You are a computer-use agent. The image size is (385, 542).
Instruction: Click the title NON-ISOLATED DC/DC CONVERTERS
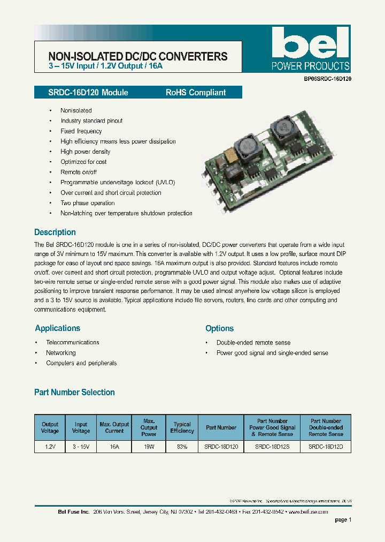[138, 56]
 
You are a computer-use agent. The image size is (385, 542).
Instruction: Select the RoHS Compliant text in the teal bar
[196, 93]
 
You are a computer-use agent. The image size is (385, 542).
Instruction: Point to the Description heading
[55, 232]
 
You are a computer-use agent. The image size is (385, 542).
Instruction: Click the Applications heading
[58, 328]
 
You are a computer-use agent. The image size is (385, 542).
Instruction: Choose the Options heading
[220, 328]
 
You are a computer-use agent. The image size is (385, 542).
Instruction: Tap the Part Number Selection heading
[74, 393]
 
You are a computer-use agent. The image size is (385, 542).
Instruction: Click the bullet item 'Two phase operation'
[88, 203]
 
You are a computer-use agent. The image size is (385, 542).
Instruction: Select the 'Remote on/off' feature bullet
[79, 172]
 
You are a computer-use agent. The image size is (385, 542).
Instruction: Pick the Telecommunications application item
[73, 342]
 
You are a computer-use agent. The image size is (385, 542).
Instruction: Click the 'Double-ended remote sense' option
[253, 342]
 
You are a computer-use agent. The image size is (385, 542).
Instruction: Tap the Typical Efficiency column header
[182, 427]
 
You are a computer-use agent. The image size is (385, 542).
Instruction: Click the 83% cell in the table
[182, 446]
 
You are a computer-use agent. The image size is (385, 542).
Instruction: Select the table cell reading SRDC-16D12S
[272, 446]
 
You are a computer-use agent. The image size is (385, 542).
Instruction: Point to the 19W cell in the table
[149, 446]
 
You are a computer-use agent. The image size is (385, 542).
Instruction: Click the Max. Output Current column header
[114, 427]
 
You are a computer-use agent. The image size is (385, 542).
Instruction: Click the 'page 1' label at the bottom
[343, 520]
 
